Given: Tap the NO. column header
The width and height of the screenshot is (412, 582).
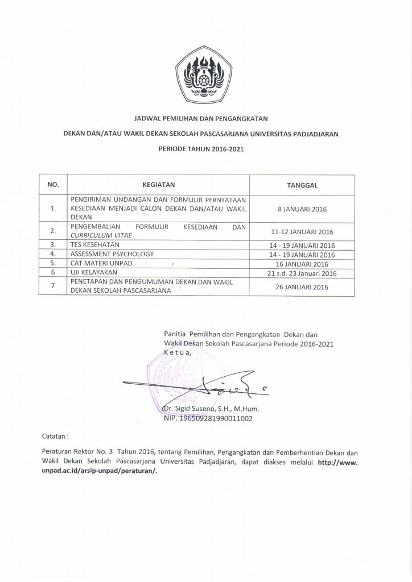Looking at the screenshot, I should click(52, 184).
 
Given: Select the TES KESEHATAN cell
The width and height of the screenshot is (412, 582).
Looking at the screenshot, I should click(96, 244).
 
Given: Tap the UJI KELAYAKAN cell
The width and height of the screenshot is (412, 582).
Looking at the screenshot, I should click(94, 272).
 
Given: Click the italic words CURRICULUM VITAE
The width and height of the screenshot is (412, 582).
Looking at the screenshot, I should click(100, 235).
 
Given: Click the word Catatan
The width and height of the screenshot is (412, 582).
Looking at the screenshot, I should click(56, 438).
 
